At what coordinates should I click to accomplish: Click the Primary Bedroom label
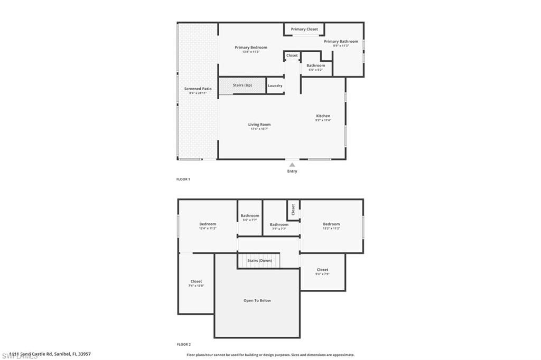pos(251,48)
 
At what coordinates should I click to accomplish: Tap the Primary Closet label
pos(304,29)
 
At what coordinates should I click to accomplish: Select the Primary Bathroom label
pos(341,42)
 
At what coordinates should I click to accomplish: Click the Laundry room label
pos(275,86)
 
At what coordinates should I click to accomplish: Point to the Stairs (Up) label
pos(242,85)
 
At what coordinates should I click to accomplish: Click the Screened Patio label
pos(198,89)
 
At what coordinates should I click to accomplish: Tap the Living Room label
pos(259,125)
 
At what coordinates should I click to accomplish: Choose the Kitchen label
pos(323,116)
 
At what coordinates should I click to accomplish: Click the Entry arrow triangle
pos(292,165)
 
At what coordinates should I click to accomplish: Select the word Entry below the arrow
pos(292,171)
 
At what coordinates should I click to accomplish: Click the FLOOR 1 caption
pos(183,179)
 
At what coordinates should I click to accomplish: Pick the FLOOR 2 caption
pos(183,344)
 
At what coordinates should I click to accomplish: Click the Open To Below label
pos(257,300)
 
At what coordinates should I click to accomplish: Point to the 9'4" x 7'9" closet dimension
pos(322,274)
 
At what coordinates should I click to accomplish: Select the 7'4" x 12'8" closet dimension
pos(196,286)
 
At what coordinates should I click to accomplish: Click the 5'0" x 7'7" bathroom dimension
pos(250,220)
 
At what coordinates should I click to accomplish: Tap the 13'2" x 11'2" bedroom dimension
pos(331,229)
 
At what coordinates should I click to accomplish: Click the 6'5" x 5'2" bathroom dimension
pos(316,70)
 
